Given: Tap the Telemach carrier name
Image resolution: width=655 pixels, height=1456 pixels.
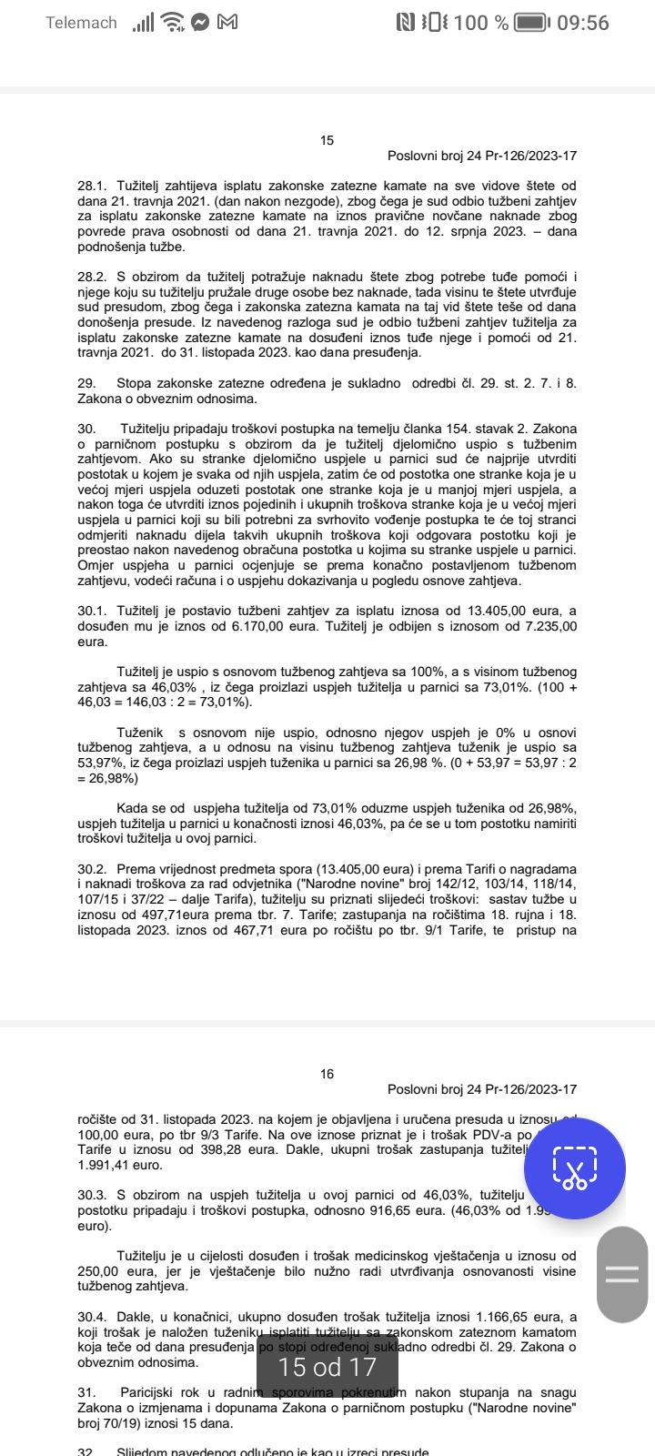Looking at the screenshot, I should [81, 23].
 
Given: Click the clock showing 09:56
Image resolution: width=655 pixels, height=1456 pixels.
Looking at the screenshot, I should [583, 23].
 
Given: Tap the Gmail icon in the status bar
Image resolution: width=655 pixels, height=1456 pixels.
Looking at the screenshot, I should [227, 22].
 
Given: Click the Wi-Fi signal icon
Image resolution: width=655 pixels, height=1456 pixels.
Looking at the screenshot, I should [171, 23].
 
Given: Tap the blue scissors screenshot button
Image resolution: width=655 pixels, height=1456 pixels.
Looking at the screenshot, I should [575, 1168].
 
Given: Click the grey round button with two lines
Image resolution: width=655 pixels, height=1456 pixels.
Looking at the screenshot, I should [622, 1273].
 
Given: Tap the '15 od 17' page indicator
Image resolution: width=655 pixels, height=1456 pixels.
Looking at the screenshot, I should [327, 1367].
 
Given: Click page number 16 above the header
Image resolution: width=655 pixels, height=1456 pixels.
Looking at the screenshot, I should [327, 1074].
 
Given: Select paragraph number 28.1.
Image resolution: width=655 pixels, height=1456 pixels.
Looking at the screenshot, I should [93, 186].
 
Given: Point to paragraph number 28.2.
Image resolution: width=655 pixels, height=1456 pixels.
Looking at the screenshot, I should [93, 276].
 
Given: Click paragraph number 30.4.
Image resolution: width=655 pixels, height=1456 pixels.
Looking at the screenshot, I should [93, 1316].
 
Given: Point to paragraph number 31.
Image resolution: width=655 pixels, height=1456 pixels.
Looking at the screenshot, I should [86, 1392].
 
